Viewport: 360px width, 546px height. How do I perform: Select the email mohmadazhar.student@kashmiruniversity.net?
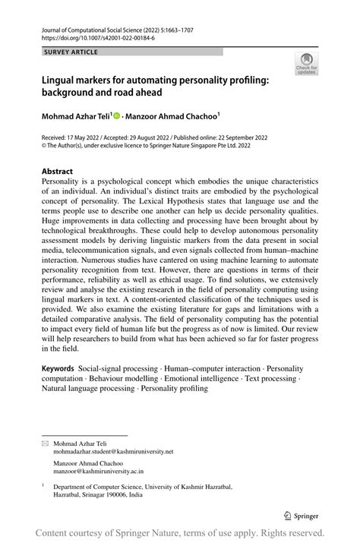[x=113, y=452]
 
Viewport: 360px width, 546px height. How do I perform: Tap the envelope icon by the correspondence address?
[x=45, y=442]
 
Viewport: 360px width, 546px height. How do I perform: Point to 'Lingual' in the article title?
[x=62, y=78]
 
